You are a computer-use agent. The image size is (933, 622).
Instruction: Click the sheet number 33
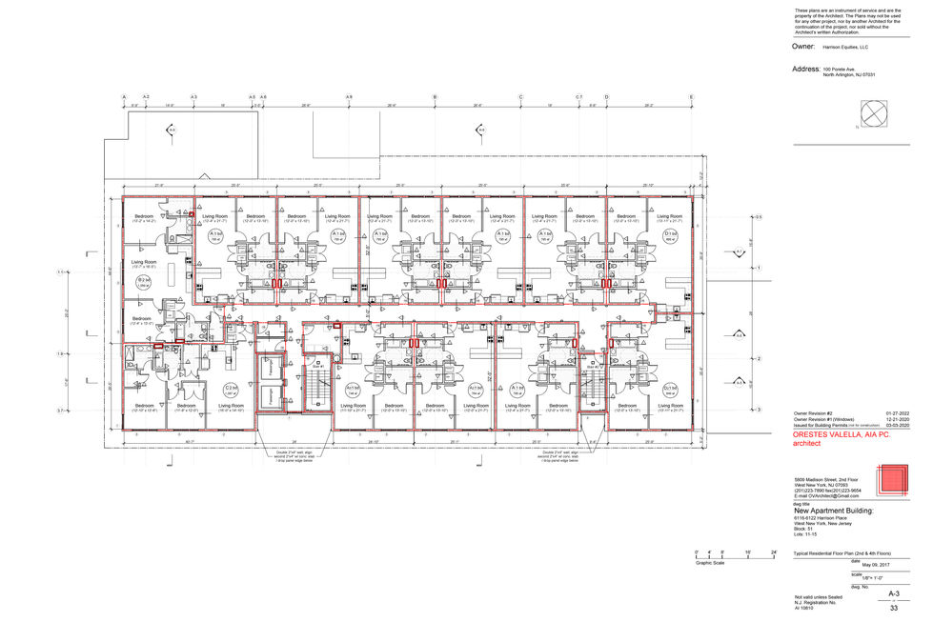893,608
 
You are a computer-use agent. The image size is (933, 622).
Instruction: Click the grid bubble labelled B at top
435,97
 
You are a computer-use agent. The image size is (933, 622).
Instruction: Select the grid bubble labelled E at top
691,97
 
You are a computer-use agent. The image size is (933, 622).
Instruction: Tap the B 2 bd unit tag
143,281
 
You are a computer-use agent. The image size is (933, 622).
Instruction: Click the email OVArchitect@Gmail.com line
827,496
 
